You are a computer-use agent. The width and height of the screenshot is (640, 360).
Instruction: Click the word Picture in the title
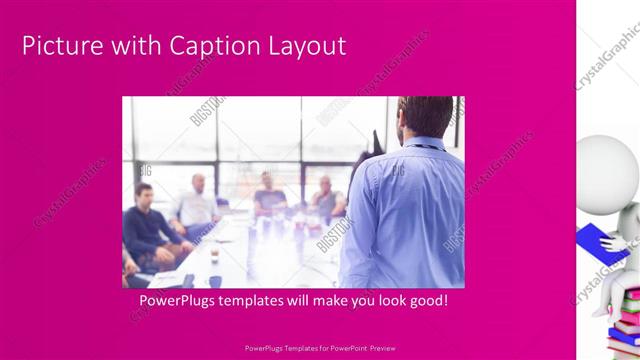pyautogui.click(x=59, y=46)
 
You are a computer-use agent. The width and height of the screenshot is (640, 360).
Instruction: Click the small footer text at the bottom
pyautogui.click(x=320, y=349)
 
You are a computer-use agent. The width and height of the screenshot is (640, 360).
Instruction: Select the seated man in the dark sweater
pyautogui.click(x=150, y=225)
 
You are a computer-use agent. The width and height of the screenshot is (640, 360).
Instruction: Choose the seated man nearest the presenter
pyautogui.click(x=324, y=200)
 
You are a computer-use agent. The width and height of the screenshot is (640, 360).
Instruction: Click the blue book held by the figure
pyautogui.click(x=594, y=240)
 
